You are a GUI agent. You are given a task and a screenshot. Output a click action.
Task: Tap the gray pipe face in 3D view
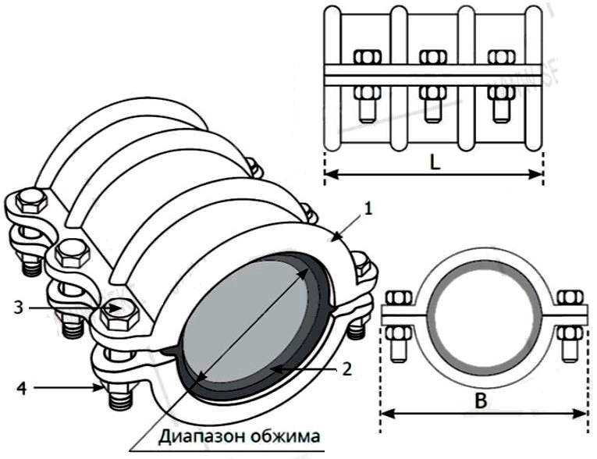257,319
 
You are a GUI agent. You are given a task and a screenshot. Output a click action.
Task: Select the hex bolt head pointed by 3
118,311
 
